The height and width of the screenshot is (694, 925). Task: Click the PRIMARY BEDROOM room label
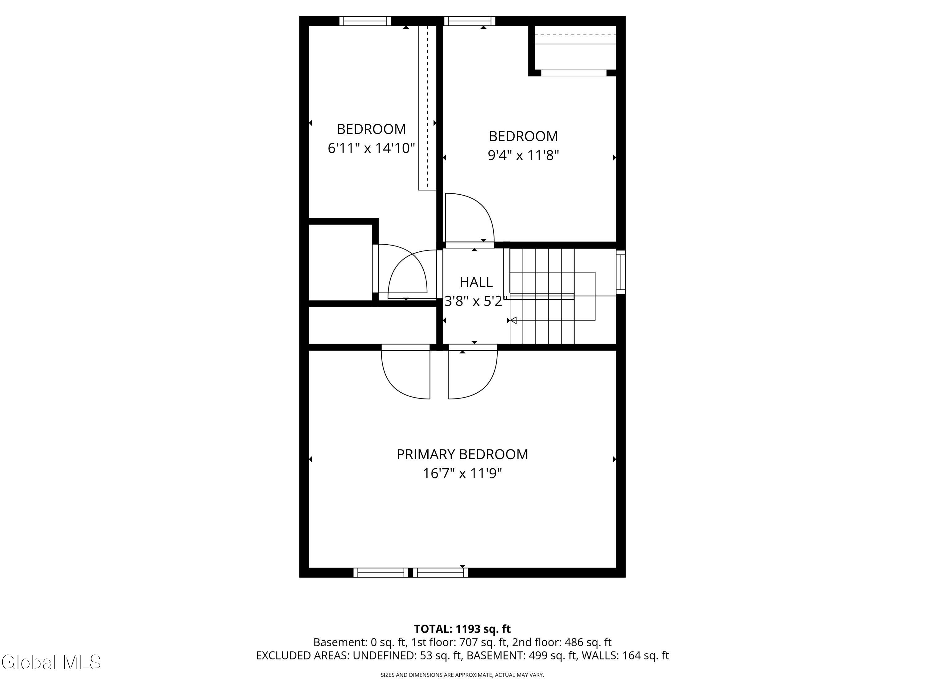coord(462,454)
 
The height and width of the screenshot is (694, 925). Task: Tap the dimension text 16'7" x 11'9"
coord(462,473)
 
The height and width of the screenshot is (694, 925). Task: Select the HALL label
coord(476,282)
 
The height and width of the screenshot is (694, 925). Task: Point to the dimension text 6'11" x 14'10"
coord(371,148)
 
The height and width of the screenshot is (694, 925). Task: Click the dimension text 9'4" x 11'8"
coord(523,155)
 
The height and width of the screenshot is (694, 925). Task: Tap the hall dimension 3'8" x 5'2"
coord(476,301)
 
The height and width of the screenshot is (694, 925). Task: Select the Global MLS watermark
coord(51,662)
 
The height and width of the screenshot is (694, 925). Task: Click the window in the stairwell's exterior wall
coord(621,272)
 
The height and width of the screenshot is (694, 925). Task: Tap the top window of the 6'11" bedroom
coord(365,21)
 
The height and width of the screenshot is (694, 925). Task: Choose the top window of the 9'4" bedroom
coord(470,21)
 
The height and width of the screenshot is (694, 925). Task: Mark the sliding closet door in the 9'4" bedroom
coord(574,73)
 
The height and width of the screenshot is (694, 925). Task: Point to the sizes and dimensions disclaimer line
coord(462,675)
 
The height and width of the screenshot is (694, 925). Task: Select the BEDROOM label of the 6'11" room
coord(371,129)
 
